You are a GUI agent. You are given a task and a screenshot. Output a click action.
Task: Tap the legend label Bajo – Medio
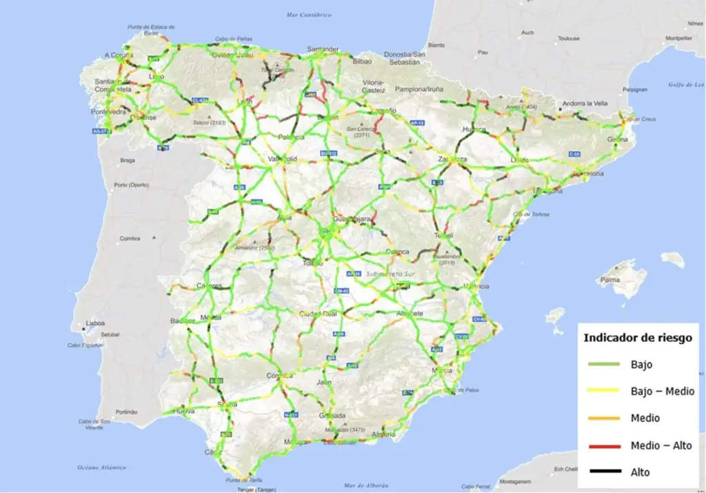pos(662,391)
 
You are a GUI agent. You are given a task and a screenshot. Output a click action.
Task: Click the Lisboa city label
pos(95,323)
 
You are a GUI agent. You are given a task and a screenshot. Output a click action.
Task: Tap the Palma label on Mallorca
pos(610,280)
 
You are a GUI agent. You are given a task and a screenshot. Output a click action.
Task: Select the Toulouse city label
pos(569,39)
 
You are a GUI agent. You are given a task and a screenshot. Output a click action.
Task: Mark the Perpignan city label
pos(634,89)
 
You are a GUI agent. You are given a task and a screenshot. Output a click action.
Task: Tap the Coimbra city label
pos(130,239)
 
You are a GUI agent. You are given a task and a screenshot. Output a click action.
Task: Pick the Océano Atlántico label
pos(103,467)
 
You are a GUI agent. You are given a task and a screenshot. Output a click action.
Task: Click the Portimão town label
pos(128,412)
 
